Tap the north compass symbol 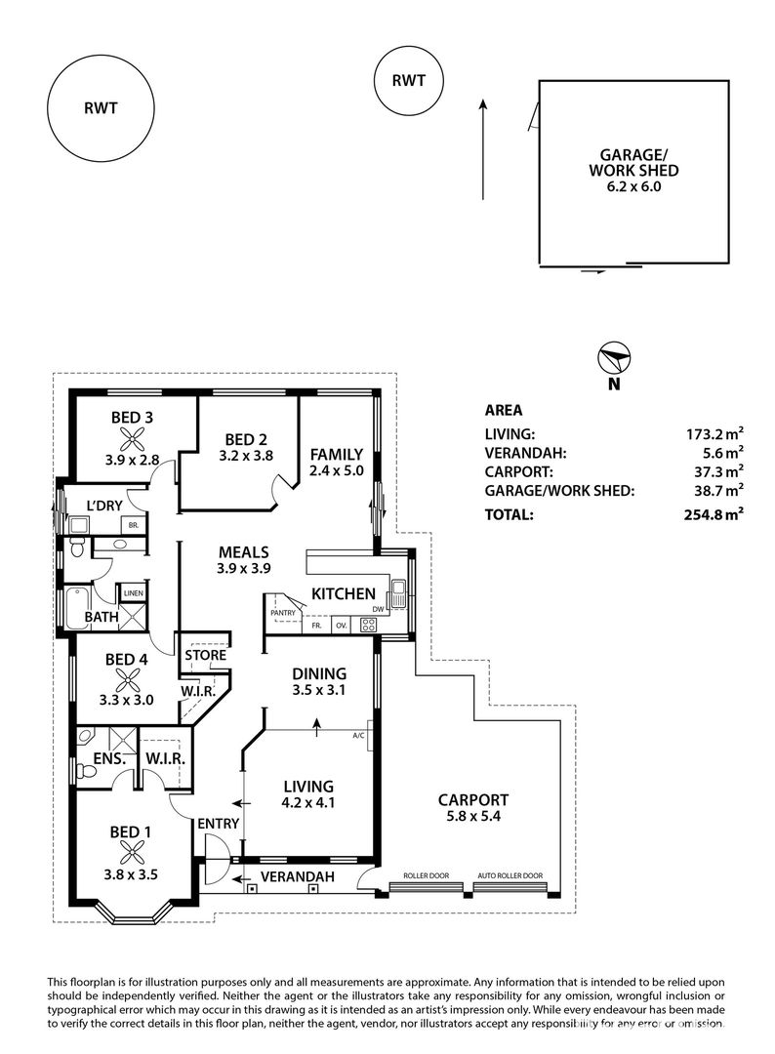coord(614,358)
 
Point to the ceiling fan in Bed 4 coord(126,681)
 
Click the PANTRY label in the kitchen coord(283,613)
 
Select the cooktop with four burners coord(368,625)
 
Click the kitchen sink coord(398,594)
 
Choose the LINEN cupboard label coord(133,593)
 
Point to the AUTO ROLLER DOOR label coord(510,875)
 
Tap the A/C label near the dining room coord(358,736)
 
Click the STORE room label coord(206,655)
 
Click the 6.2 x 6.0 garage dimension coord(633,186)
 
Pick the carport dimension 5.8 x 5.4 coord(473,818)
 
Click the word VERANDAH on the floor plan coord(297,876)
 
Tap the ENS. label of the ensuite coord(109,759)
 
